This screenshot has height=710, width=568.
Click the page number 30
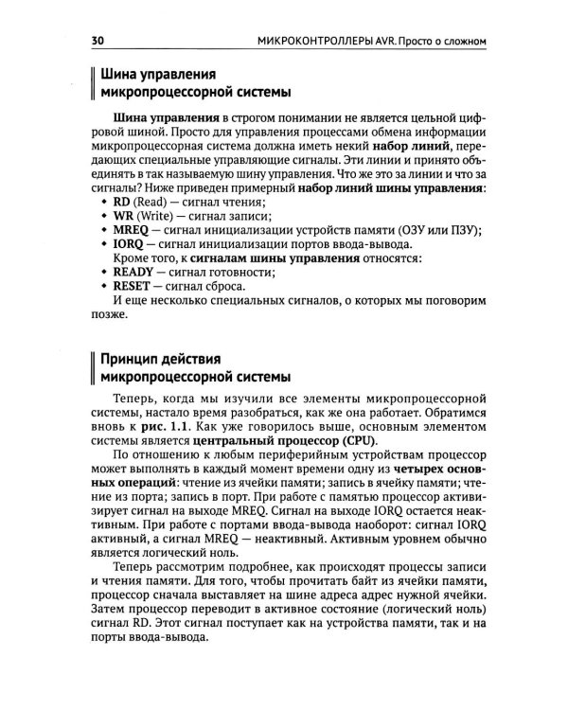[x=98, y=41]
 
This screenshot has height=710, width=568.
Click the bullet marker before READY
[x=103, y=271]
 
